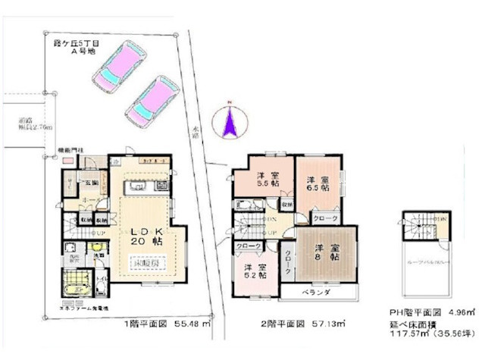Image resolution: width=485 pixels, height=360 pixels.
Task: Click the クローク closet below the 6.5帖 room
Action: [x=327, y=218]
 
